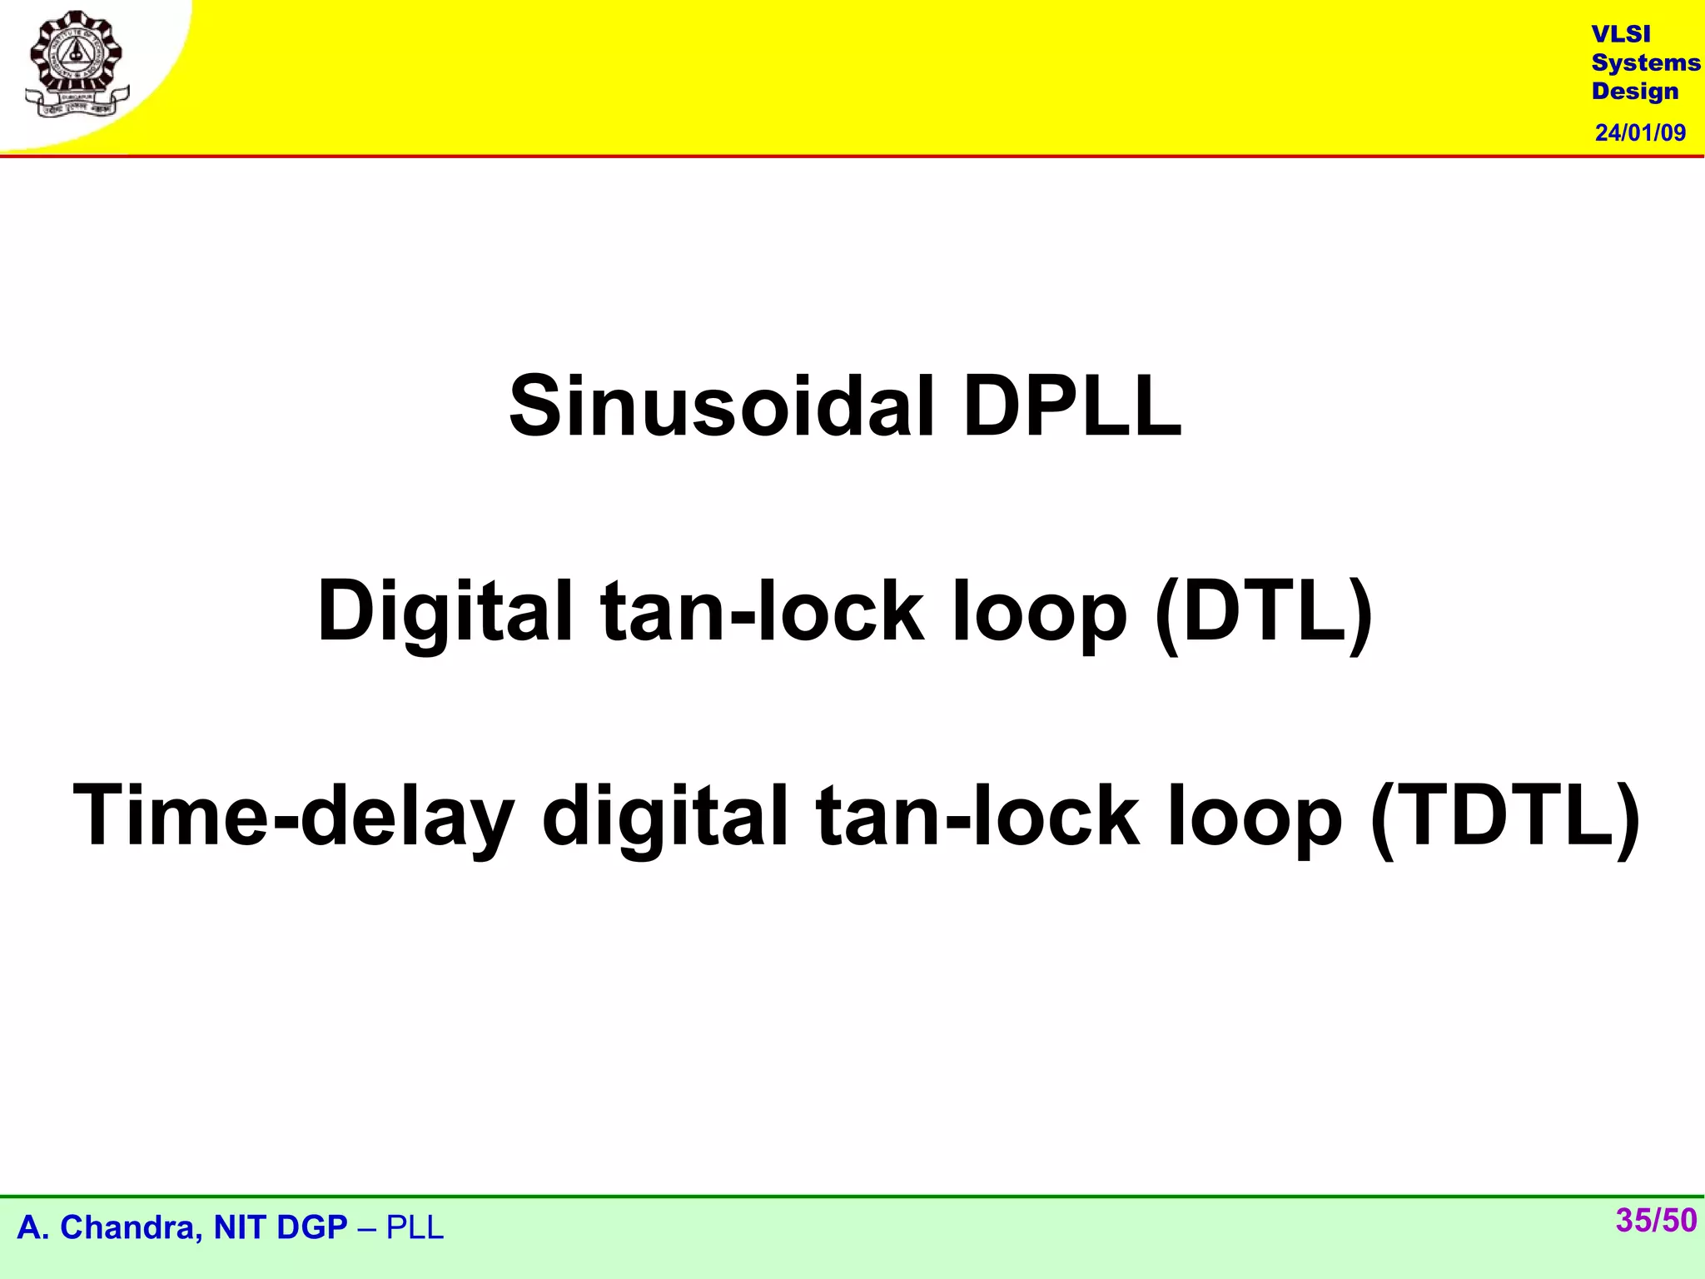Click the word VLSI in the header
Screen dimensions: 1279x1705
pyautogui.click(x=1620, y=34)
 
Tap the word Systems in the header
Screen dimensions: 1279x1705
pyautogui.click(x=1645, y=63)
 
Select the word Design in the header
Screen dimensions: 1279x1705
pyautogui.click(x=1635, y=92)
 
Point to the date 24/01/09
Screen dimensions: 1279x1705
pyautogui.click(x=1640, y=133)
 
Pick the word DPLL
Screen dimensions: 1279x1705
pyautogui.click(x=1071, y=406)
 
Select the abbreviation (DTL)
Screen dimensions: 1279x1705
pyautogui.click(x=1264, y=611)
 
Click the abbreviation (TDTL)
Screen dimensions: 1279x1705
pyautogui.click(x=1504, y=816)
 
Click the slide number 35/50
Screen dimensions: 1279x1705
pyautogui.click(x=1656, y=1221)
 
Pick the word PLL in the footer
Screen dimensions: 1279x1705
pyautogui.click(x=415, y=1228)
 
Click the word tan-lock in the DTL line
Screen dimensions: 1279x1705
pyautogui.click(x=762, y=611)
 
